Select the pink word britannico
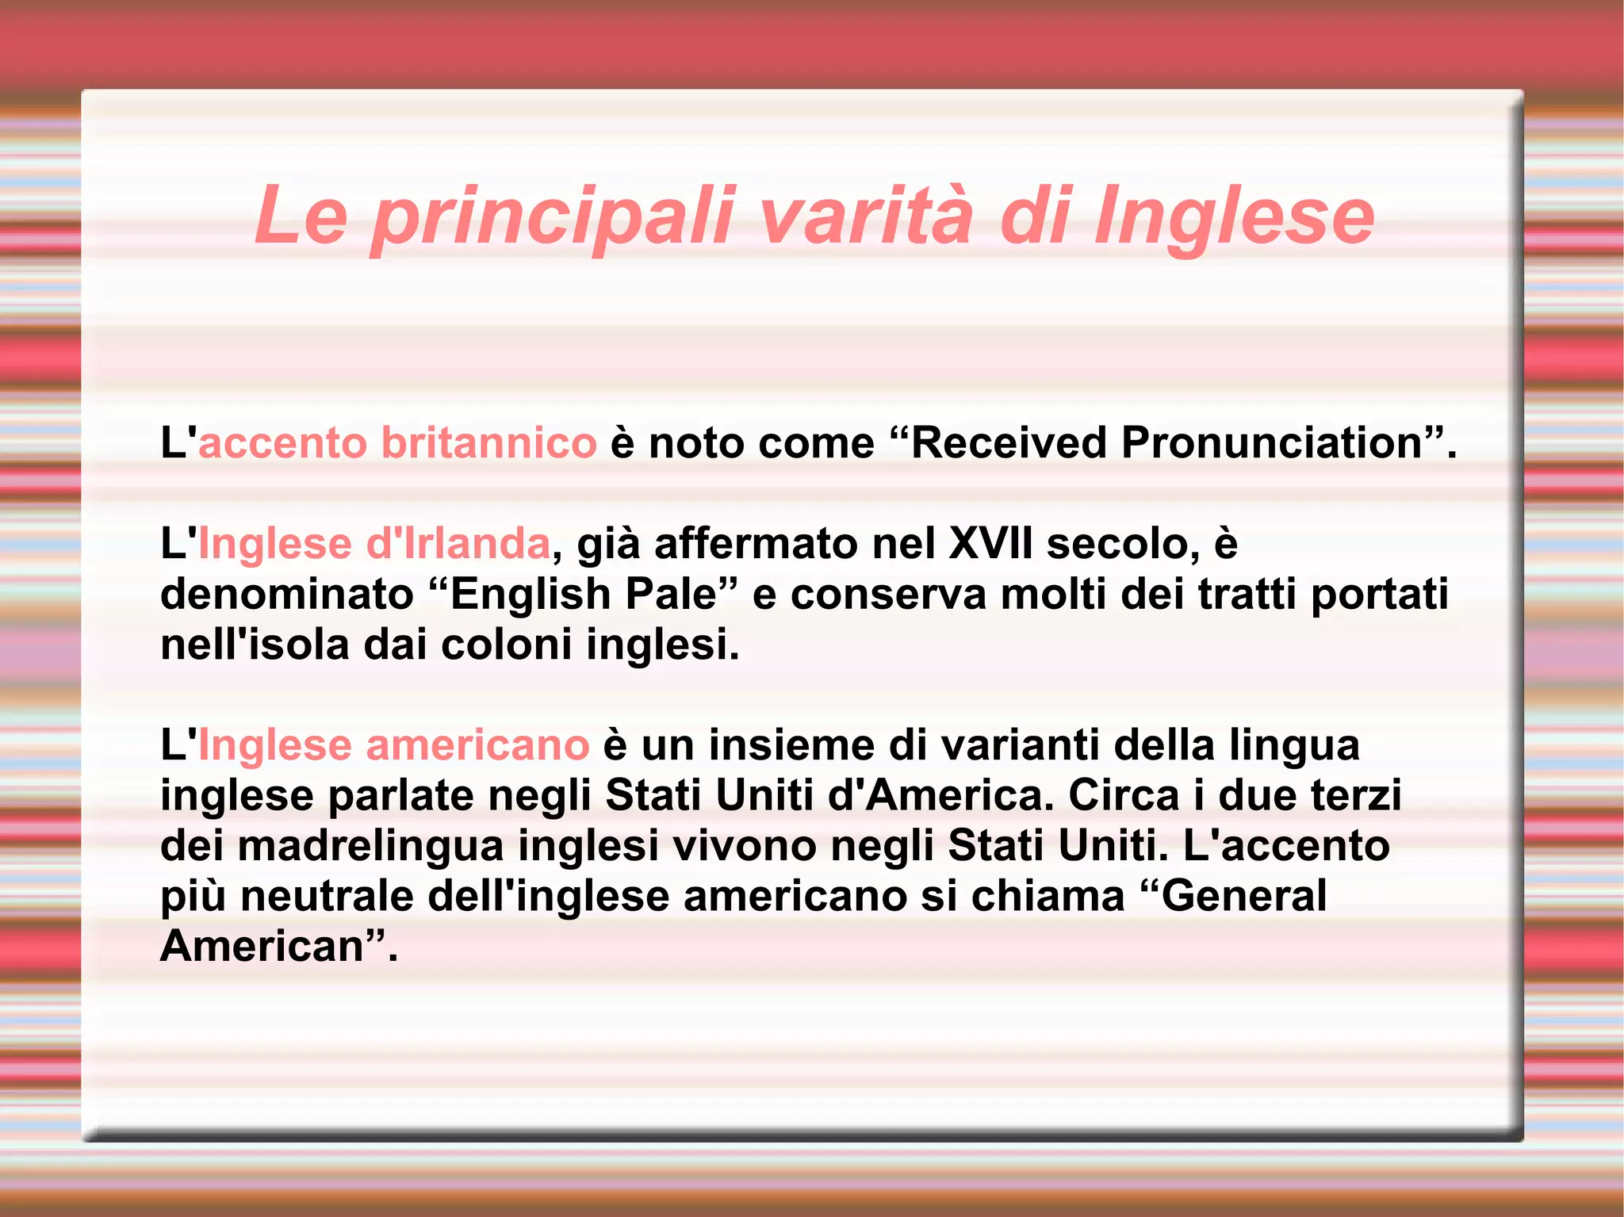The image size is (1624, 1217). (x=488, y=442)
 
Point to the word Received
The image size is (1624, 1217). (x=1008, y=442)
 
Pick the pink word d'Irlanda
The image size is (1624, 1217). (x=458, y=544)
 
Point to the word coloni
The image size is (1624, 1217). (x=507, y=644)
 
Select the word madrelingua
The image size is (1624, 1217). (x=371, y=845)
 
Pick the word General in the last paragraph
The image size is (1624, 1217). (x=1244, y=896)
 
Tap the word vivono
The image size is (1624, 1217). (x=745, y=845)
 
